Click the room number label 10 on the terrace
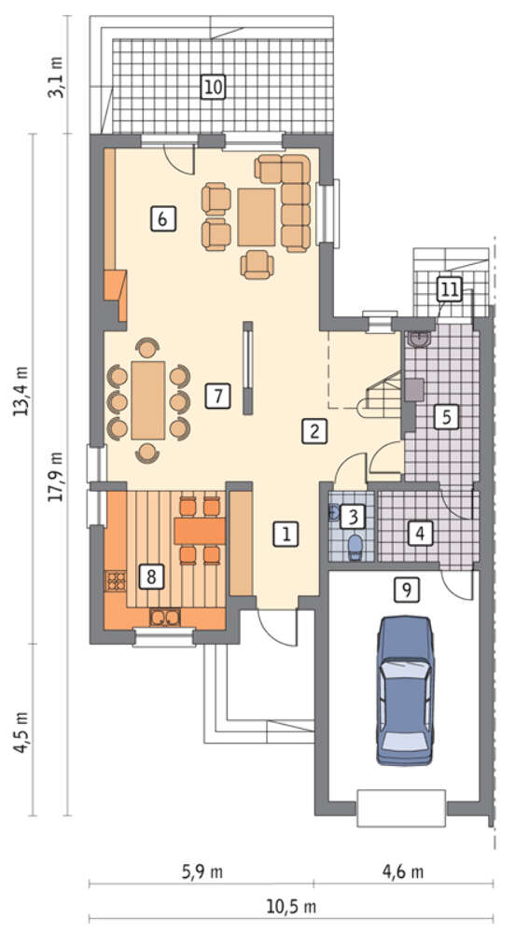pos(213,87)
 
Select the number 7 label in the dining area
pos(217,396)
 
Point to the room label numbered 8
pos(151,577)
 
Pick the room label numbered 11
pos(449,290)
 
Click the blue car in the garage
pos(405,690)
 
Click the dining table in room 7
pos(148,400)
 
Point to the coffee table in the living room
pos(257,216)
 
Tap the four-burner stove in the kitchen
pos(116,580)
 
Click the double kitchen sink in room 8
pos(165,618)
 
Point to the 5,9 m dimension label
pos(202,872)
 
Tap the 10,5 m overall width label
pos(291,908)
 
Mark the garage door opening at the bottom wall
pos(401,808)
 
